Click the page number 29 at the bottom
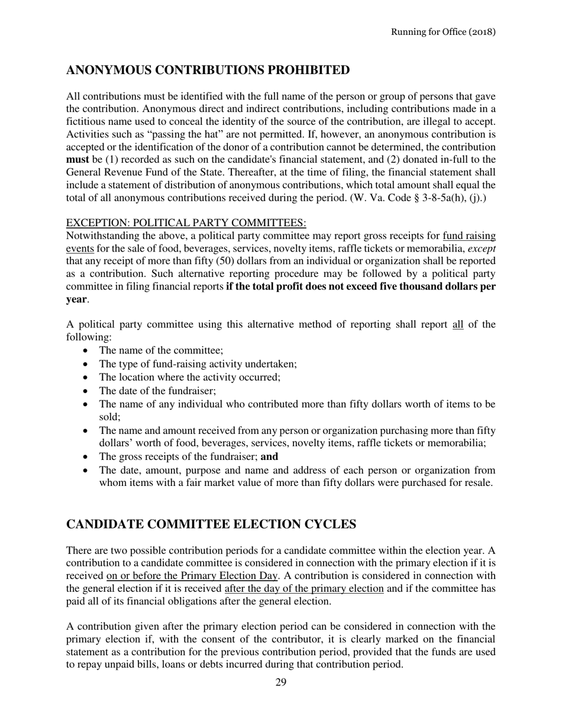pyautogui.click(x=281, y=682)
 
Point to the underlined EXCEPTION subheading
pyautogui.click(x=186, y=223)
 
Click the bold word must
pyautogui.click(x=78, y=159)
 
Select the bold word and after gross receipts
pyautogui.click(x=269, y=457)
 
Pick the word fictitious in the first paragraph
pyautogui.click(x=88, y=121)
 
